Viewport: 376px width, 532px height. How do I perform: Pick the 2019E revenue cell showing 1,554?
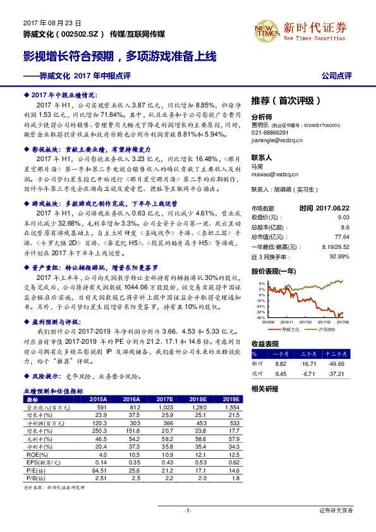(x=231, y=407)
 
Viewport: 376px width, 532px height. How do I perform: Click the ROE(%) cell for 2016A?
(x=131, y=453)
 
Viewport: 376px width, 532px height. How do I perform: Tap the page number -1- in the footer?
(x=188, y=510)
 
